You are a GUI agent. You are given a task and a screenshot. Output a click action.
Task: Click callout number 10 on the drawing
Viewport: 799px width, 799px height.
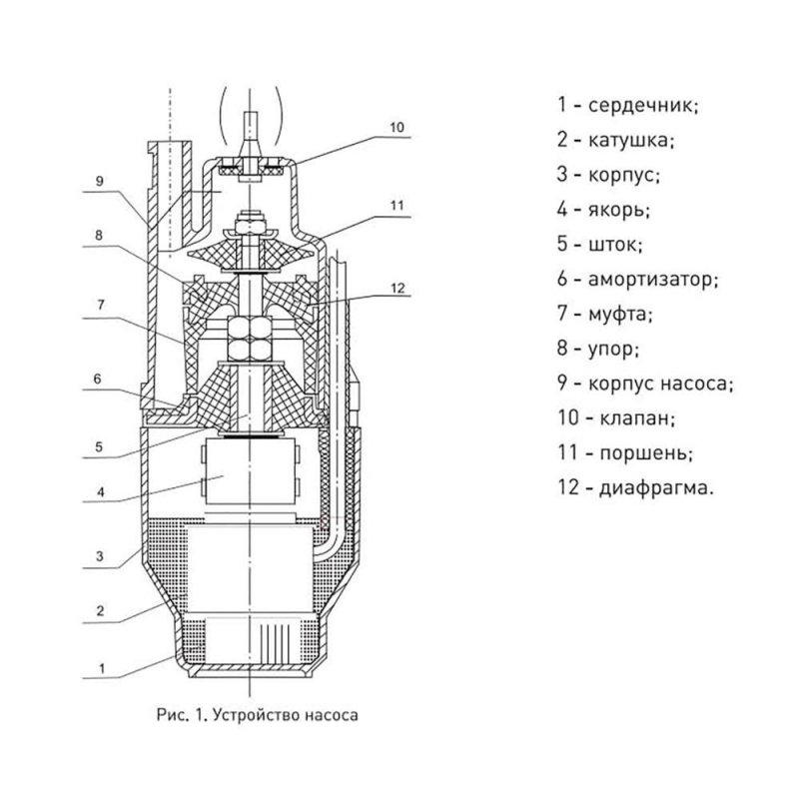(397, 127)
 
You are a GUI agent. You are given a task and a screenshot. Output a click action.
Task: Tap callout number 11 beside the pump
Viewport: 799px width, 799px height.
(397, 206)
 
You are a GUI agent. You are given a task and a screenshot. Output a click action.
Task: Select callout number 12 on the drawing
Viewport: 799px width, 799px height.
(398, 289)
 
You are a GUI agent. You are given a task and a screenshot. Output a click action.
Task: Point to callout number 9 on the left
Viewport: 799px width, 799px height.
(100, 181)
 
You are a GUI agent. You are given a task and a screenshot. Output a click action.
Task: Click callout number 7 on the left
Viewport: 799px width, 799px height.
(101, 305)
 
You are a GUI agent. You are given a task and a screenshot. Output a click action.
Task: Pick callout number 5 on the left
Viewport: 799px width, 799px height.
(99, 446)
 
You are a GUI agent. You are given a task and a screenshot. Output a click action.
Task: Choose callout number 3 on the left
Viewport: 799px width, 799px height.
(100, 556)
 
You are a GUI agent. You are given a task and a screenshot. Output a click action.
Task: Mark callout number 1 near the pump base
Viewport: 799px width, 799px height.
(102, 668)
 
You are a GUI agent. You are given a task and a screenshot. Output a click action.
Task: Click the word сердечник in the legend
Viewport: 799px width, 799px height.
(641, 106)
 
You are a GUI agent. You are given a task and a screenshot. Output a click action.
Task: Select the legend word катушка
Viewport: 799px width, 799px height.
(629, 140)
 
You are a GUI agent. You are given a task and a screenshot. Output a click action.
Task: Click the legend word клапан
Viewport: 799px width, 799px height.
(634, 418)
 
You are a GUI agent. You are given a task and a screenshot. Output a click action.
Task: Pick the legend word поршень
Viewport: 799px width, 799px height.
(643, 453)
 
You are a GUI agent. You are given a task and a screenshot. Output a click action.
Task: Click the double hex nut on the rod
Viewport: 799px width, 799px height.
(249, 338)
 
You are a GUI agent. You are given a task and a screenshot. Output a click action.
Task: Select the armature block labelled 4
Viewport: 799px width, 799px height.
(249, 471)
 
